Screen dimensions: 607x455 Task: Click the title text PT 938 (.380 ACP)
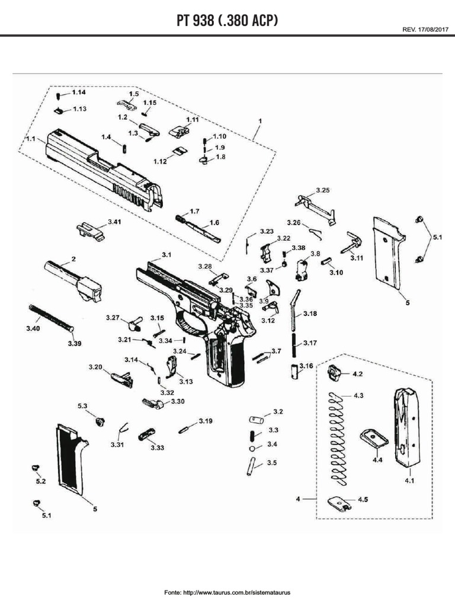[x=227, y=21]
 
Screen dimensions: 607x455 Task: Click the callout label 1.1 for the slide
[x=31, y=138]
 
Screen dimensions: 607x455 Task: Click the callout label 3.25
[x=322, y=190]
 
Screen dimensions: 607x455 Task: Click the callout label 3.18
[x=310, y=313]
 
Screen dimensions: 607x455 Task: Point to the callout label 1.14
[x=79, y=92]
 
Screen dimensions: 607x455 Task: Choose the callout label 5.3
[x=83, y=405]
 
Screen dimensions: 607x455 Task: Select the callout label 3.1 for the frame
[x=166, y=254]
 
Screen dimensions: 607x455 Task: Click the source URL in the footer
[x=227, y=592]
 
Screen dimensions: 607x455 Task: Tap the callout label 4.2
[x=358, y=375]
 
